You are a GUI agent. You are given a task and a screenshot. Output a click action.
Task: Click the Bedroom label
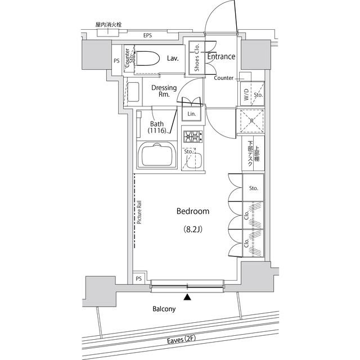[x=192, y=211]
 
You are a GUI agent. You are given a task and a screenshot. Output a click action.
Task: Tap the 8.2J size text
[x=193, y=229]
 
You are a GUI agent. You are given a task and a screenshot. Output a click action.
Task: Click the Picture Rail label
[x=138, y=214]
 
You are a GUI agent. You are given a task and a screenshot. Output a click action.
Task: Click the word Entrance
[x=221, y=57]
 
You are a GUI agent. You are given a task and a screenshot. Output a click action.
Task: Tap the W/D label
[x=246, y=96]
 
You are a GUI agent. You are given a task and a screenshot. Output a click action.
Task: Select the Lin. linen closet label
[x=192, y=114]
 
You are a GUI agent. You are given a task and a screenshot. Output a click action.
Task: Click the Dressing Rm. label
[x=164, y=91]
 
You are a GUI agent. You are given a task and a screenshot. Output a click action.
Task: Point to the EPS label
[x=147, y=36]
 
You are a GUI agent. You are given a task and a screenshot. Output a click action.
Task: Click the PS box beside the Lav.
[x=117, y=61]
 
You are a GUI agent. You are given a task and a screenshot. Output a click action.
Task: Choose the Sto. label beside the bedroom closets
[x=253, y=188]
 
